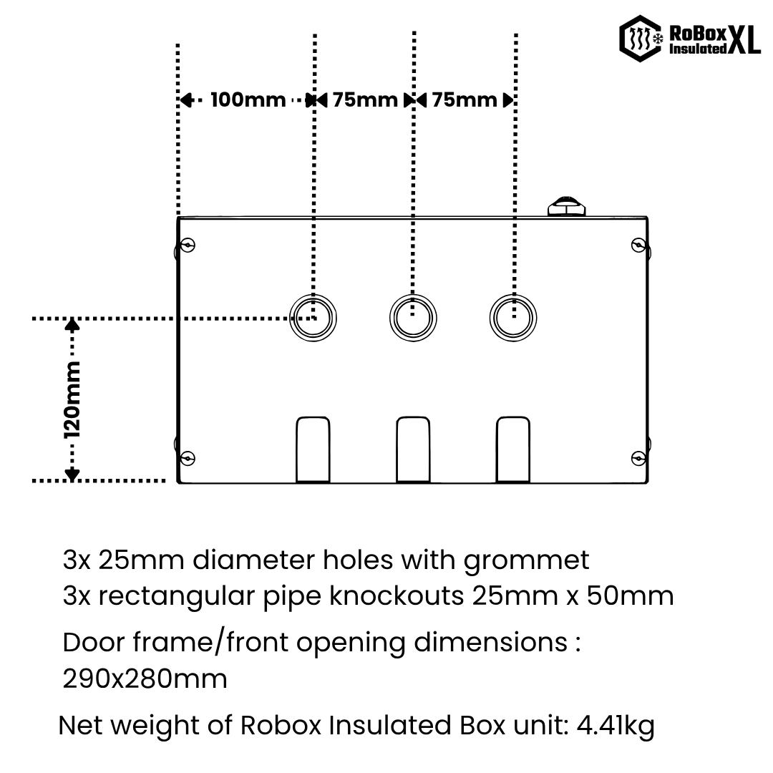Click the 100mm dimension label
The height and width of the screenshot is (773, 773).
[x=248, y=100]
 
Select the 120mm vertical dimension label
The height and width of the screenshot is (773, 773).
[x=72, y=400]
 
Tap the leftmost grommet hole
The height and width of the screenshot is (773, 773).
[x=313, y=318]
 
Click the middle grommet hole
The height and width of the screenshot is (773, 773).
[x=413, y=318]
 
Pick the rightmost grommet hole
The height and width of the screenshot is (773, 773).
[x=513, y=318]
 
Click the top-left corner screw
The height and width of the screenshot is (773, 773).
[x=188, y=245]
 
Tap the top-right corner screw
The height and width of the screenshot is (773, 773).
[x=638, y=245]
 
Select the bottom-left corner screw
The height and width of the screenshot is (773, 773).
[x=188, y=458]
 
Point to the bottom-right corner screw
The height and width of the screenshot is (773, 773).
[x=638, y=459]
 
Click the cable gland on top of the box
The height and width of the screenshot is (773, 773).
[x=567, y=206]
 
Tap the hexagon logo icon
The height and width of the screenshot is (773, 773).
[x=641, y=39]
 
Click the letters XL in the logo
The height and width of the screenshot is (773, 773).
[x=744, y=39]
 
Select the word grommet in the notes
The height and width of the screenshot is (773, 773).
[x=527, y=561]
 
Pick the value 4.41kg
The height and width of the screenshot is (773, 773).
[x=616, y=726]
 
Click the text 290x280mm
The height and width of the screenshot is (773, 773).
[x=145, y=679]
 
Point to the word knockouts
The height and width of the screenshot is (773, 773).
[x=397, y=595]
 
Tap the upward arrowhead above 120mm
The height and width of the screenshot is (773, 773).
[x=72, y=324]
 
